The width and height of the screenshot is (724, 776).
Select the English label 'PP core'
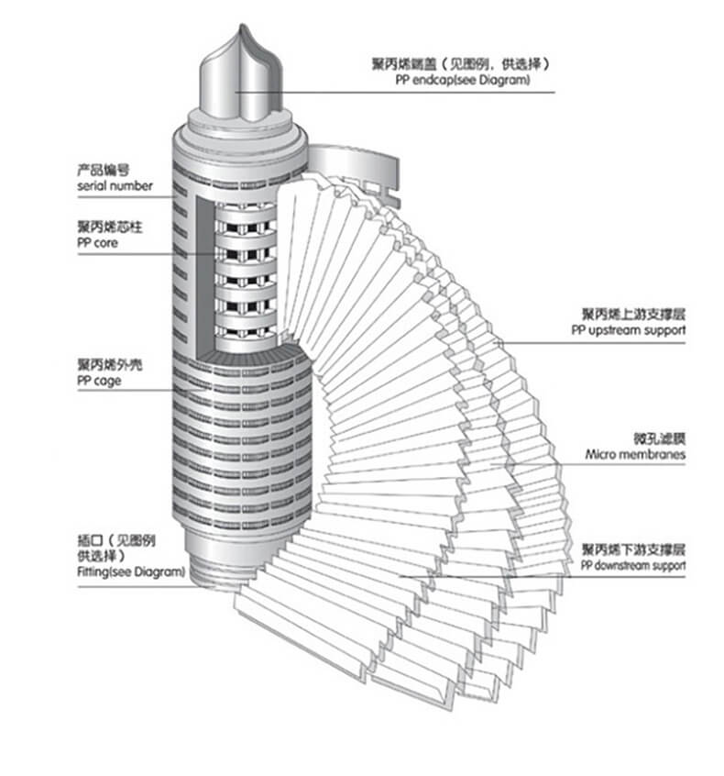point(97,243)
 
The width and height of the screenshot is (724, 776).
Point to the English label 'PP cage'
point(99,381)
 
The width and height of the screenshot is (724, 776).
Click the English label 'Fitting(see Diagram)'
point(130,571)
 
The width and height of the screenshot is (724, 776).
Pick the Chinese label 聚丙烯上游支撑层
point(633,314)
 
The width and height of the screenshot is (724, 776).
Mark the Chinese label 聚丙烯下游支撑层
point(633,549)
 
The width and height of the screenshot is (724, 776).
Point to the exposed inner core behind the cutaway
point(244,266)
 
